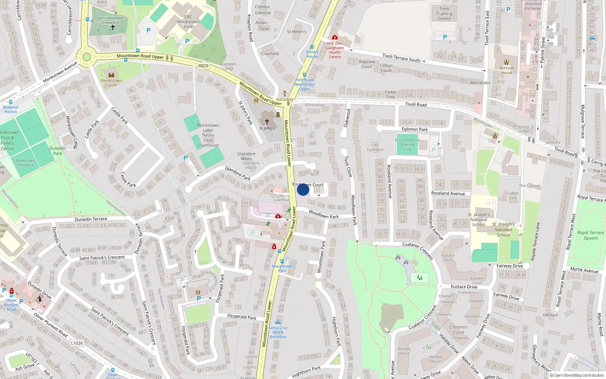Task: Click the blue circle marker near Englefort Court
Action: [x=303, y=189]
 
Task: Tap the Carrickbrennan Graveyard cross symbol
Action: [x=112, y=27]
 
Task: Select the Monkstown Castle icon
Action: [x=111, y=75]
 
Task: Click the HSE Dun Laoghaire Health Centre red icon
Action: [x=334, y=38]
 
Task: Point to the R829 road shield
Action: [x=203, y=66]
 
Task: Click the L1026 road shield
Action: [x=77, y=343]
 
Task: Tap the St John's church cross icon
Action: [x=267, y=122]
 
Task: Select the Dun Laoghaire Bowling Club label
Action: [x=407, y=144]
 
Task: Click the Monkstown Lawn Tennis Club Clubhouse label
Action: [x=208, y=135]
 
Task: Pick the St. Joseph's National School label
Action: [x=479, y=219]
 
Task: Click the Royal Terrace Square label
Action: [x=590, y=235]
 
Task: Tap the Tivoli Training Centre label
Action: [x=444, y=14]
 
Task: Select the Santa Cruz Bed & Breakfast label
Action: [x=278, y=332]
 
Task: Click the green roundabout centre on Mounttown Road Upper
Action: [x=87, y=57]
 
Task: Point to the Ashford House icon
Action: [x=506, y=62]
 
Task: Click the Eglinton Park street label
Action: [x=415, y=129]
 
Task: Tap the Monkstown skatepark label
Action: [x=25, y=163]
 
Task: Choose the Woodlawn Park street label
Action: [x=323, y=215]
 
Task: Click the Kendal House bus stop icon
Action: [x=312, y=47]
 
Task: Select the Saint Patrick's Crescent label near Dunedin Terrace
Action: [x=102, y=258]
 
